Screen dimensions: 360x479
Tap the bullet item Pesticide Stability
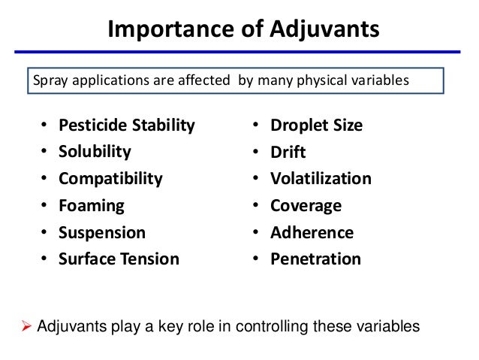click(x=127, y=125)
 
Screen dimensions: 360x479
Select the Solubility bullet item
click(x=95, y=152)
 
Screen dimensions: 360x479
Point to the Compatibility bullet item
click(x=111, y=179)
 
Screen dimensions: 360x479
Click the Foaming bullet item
click(x=92, y=205)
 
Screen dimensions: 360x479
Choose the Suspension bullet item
click(x=103, y=232)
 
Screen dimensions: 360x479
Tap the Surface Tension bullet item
click(x=119, y=259)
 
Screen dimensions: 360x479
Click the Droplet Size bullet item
click(x=317, y=125)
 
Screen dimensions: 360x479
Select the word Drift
click(x=288, y=152)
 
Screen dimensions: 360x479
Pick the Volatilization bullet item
click(x=321, y=179)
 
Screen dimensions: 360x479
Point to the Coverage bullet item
click(x=306, y=205)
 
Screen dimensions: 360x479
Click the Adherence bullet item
click(x=312, y=232)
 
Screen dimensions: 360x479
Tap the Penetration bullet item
click(x=316, y=259)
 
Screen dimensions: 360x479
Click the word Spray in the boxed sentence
click(x=47, y=80)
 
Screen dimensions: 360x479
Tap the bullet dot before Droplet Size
click(x=255, y=125)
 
